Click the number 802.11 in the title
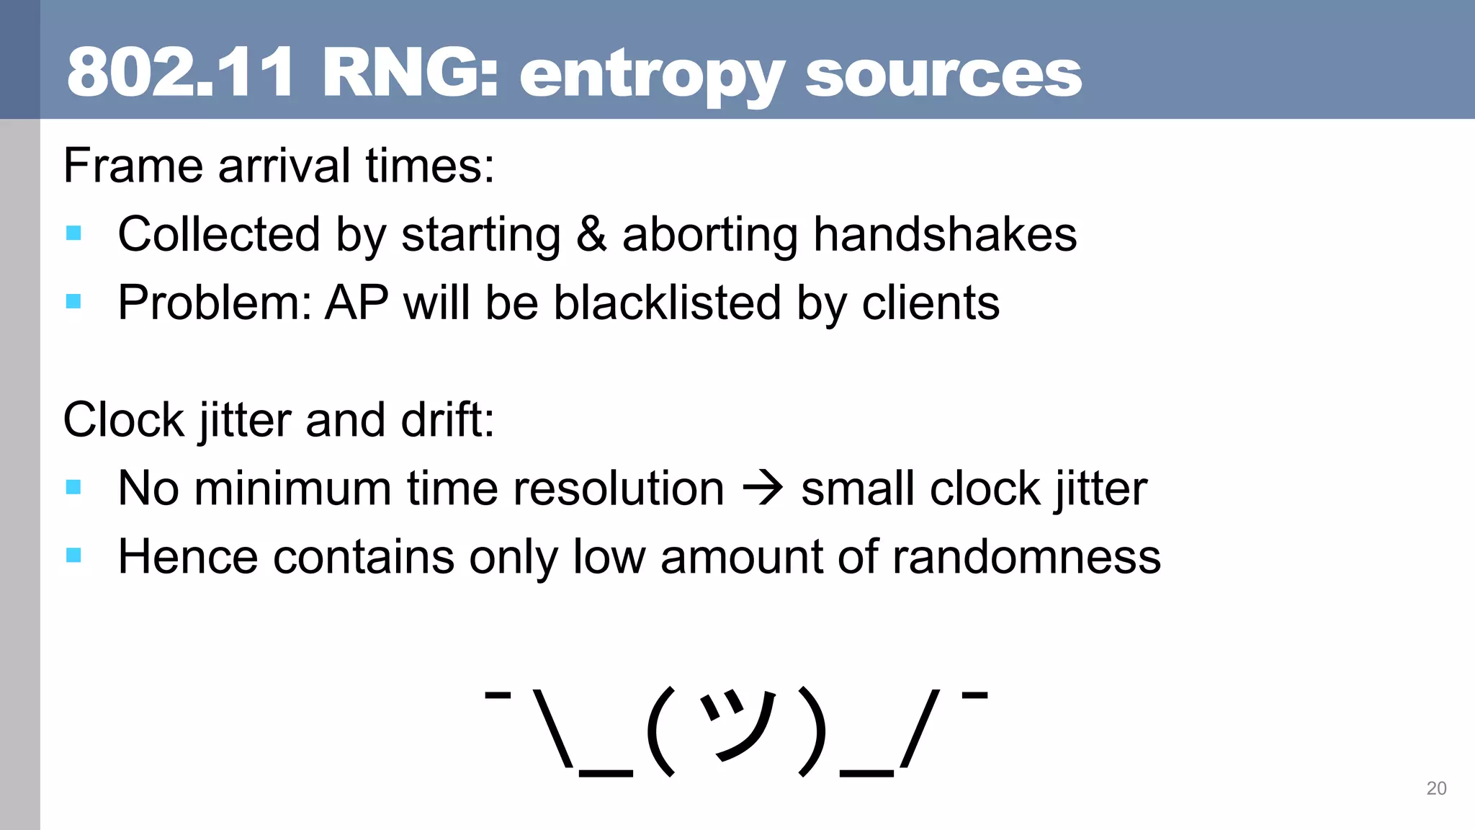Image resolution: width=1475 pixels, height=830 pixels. click(180, 72)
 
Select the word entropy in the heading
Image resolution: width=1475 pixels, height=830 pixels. click(651, 76)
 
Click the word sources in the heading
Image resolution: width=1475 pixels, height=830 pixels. click(943, 75)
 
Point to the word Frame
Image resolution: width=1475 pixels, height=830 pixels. click(134, 166)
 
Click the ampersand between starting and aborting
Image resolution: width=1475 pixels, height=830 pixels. click(591, 234)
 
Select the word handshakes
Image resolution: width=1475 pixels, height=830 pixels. click(945, 234)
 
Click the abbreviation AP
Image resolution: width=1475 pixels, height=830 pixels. click(357, 302)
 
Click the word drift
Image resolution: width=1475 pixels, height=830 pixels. click(447, 419)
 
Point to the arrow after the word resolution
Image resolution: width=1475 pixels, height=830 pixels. click(762, 488)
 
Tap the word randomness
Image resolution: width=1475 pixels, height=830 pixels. click(1026, 556)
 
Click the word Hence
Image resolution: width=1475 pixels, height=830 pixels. click(187, 556)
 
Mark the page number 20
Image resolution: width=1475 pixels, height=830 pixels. click(1436, 788)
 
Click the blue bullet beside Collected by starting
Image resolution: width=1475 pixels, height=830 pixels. click(73, 233)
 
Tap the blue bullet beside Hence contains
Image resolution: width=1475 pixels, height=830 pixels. click(73, 555)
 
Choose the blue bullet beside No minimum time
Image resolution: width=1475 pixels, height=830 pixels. click(73, 487)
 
